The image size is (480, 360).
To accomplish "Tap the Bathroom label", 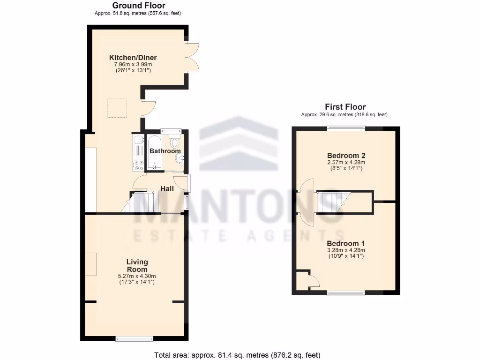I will coord(165,151).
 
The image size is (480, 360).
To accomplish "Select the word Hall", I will coord(167,189).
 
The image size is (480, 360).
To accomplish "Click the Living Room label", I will coord(137,266).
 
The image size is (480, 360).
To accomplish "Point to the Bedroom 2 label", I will coord(346,156).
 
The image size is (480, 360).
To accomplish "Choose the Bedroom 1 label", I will coord(345,244).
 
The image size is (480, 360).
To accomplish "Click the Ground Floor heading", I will coord(138,6).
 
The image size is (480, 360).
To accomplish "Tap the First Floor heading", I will coord(345,107).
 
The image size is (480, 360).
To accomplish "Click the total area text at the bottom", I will coord(238,355).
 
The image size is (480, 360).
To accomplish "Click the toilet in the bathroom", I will coord(175,142).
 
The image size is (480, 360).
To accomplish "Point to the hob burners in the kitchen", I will coord(139,165).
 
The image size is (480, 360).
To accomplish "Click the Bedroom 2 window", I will coord(346,128).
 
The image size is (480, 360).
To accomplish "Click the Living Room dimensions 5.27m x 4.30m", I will coord(137,276).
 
